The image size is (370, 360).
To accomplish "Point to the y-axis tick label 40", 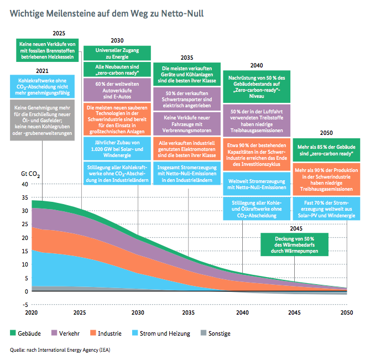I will point(25,184).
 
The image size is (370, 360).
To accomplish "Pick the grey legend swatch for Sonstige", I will point(204,333).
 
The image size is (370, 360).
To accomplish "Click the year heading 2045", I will point(296,228).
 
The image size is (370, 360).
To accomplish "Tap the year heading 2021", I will point(43,71).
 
